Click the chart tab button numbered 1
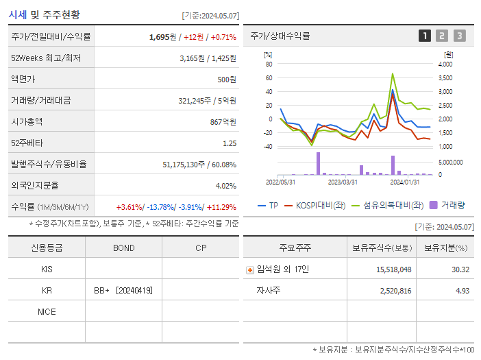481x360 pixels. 425,36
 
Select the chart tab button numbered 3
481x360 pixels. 459,36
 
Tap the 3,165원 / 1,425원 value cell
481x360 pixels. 208,58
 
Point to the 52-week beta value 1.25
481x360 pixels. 230,143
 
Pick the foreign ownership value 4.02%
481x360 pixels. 225,186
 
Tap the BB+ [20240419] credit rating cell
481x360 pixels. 123,291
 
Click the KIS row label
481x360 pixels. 47,269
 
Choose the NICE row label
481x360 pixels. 47,312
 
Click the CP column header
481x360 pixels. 200,248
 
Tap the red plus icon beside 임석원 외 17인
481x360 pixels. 249,270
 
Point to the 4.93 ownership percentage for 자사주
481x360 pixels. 461,291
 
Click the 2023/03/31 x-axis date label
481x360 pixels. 343,182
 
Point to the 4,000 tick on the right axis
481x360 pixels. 445,64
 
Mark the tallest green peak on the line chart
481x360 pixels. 393,74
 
